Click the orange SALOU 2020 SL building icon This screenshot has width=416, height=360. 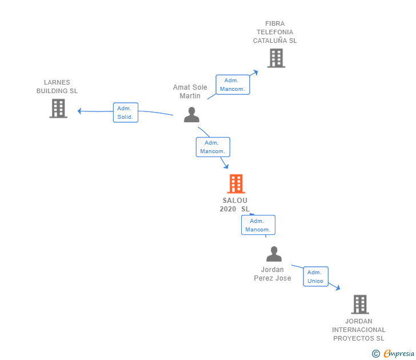tap(236, 183)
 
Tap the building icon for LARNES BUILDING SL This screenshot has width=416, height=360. tap(58, 108)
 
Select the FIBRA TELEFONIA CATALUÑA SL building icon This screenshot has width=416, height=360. tap(276, 58)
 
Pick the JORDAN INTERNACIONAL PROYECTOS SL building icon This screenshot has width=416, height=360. tap(360, 305)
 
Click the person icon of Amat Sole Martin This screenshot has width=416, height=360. tap(191, 115)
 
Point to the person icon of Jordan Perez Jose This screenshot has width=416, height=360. tap(274, 254)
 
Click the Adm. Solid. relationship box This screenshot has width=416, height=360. tap(126, 113)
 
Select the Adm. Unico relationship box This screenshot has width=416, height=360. tap(315, 277)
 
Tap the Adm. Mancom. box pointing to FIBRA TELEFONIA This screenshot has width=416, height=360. tap(233, 85)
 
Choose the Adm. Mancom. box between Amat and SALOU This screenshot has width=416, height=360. tap(213, 147)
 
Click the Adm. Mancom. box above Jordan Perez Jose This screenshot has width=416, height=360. tap(258, 225)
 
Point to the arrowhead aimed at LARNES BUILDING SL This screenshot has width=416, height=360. tap(79, 111)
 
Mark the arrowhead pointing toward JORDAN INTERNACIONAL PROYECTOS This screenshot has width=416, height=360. tap(338, 288)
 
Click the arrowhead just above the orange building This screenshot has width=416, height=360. tap(226, 166)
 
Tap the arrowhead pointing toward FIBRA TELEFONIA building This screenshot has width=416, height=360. tap(255, 72)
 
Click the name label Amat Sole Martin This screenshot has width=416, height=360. tap(190, 91)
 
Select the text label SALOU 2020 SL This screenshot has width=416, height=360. tap(235, 205)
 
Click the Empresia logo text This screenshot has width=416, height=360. tap(399, 353)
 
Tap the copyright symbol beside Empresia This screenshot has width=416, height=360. tap(375, 354)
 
